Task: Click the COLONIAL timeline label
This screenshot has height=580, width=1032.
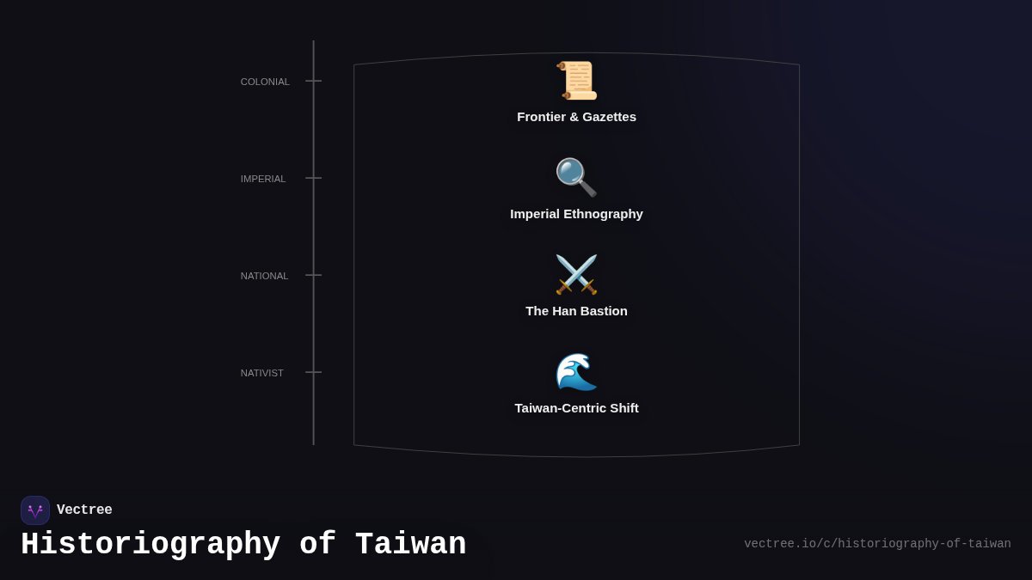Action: tap(265, 82)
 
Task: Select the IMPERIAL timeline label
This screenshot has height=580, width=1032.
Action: tap(263, 179)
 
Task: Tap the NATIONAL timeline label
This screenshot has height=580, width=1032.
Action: tap(264, 276)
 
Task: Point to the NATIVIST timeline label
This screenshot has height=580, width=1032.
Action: tap(262, 373)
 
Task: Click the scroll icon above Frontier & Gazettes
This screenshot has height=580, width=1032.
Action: tap(576, 81)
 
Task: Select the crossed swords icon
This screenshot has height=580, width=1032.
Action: tap(576, 274)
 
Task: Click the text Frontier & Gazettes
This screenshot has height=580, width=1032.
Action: tap(576, 117)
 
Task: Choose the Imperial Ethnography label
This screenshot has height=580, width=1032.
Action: tap(576, 214)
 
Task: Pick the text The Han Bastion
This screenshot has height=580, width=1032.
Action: tap(576, 311)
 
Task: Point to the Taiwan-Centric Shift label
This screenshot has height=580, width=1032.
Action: tap(576, 408)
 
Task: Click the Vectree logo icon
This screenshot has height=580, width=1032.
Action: tap(35, 510)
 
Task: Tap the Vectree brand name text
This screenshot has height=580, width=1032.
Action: tap(84, 510)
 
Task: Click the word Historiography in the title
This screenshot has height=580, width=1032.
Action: tap(150, 545)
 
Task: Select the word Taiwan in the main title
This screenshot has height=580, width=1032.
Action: tap(410, 545)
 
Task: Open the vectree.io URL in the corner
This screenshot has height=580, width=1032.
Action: tap(877, 544)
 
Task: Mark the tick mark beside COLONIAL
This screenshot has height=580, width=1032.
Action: tap(314, 81)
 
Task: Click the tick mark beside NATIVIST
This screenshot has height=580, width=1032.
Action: tap(314, 372)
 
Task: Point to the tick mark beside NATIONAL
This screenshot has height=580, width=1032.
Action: tap(314, 275)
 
